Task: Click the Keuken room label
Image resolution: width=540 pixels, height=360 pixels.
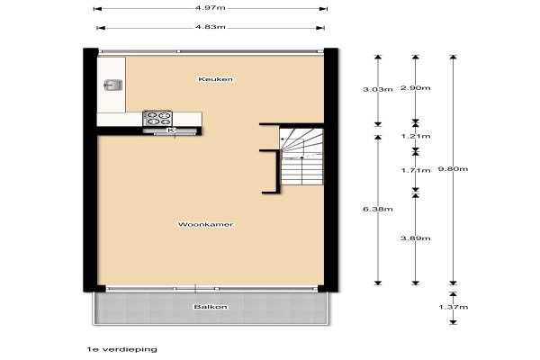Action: click(x=215, y=79)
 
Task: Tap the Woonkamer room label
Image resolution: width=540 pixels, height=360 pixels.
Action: click(x=205, y=225)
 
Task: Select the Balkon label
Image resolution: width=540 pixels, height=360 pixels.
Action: click(x=211, y=307)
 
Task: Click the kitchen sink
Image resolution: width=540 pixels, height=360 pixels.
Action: click(x=112, y=85)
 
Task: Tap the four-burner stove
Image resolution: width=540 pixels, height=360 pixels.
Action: click(x=157, y=118)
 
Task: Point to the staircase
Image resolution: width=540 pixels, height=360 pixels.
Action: click(x=302, y=157)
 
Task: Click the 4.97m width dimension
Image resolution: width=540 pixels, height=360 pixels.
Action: click(x=210, y=8)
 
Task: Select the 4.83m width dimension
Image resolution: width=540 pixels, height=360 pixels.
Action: click(x=211, y=27)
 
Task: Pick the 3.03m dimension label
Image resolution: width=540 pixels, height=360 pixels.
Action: click(x=378, y=90)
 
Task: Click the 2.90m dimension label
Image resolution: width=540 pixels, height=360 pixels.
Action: click(x=415, y=88)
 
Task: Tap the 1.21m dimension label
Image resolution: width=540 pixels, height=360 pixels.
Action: click(x=415, y=136)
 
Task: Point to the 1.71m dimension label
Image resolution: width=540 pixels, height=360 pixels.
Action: click(x=415, y=170)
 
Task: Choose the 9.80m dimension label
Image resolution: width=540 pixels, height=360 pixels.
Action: click(x=453, y=169)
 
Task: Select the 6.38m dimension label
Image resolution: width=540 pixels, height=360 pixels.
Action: click(x=378, y=209)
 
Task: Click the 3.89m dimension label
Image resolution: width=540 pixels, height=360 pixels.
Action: click(x=415, y=238)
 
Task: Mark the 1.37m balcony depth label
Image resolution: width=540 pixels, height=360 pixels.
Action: click(x=454, y=307)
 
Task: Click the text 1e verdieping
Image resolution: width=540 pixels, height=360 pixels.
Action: click(x=121, y=349)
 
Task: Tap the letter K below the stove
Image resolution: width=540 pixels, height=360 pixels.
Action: click(x=171, y=130)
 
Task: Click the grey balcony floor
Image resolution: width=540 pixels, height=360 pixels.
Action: click(x=211, y=309)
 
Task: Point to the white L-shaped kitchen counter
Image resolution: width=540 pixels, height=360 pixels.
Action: click(x=112, y=119)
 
